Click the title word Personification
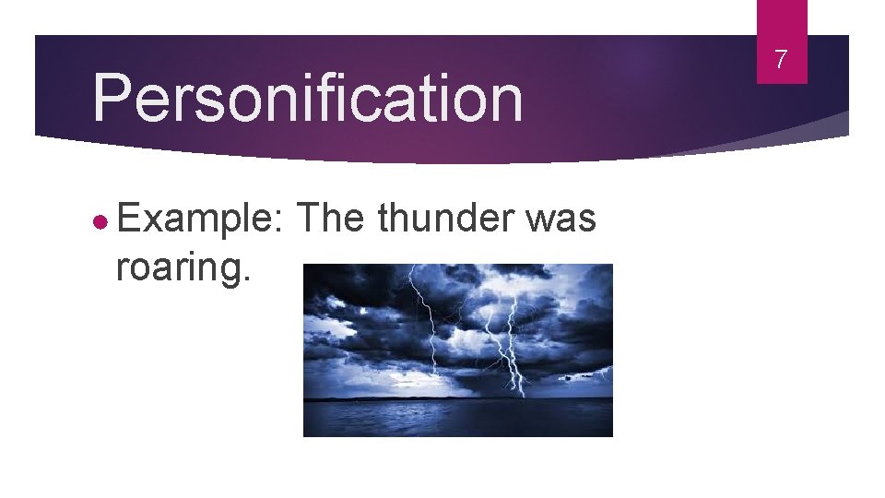coord(308,99)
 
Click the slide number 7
coord(781,61)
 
